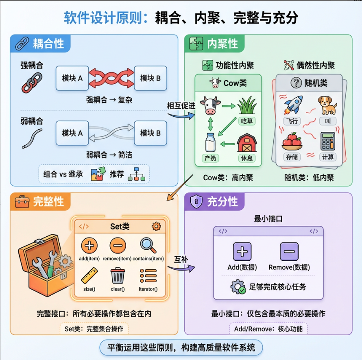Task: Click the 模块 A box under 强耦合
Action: [72, 78]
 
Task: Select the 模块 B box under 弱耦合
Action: [150, 133]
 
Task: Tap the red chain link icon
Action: [31, 83]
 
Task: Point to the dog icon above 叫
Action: [327, 105]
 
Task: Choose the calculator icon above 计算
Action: [327, 141]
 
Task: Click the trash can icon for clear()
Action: [118, 276]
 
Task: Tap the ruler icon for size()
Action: [89, 276]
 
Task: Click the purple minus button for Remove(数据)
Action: [289, 251]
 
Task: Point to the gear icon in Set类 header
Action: [156, 226]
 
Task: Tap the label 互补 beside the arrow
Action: [181, 259]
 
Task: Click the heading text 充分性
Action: [222, 201]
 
